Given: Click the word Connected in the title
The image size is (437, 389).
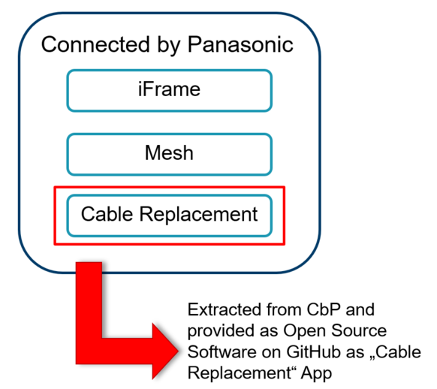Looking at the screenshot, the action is pos(95,44).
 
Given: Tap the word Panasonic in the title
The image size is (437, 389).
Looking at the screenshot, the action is pos(240,44).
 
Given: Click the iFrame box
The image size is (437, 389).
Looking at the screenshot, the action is pos(169,91).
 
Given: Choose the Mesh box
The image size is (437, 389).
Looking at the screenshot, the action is pos(169,155).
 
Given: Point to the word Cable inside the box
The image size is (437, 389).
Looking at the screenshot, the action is pos(107,214).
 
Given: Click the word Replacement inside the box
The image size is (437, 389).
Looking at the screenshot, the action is pos(198,215).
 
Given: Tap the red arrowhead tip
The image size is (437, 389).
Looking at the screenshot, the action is pos(178,351).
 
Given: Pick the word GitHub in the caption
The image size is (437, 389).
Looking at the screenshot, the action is pos(313,351).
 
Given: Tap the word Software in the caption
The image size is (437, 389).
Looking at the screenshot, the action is pos(222,351).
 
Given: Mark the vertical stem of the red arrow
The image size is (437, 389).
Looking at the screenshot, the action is pos(89,312).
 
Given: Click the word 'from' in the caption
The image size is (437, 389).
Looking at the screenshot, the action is pos(284,309).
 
